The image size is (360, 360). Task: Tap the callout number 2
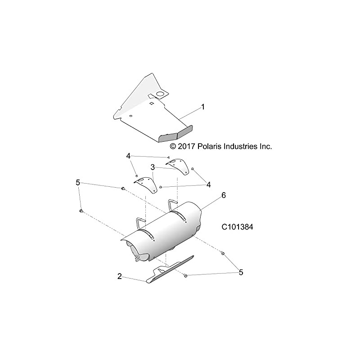click(120, 276)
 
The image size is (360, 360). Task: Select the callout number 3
click(153, 167)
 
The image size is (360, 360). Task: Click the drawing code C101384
click(237, 228)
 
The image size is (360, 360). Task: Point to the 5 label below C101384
click(241, 272)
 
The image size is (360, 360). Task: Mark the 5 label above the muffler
click(78, 182)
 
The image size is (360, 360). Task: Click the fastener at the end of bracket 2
click(185, 275)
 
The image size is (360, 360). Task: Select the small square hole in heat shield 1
click(153, 104)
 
